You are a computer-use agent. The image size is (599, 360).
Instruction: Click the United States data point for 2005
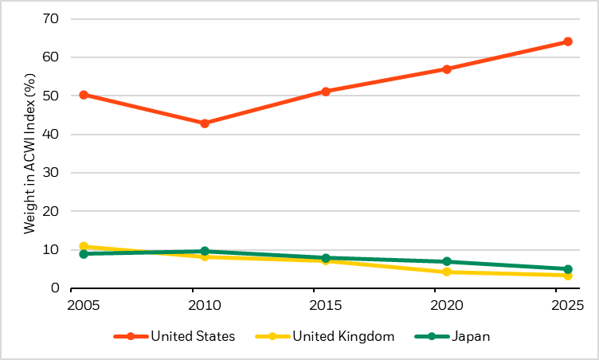84,95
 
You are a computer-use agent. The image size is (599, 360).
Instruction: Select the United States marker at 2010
205,123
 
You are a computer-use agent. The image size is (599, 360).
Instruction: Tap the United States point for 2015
326,92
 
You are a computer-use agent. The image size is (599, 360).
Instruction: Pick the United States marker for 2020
447,69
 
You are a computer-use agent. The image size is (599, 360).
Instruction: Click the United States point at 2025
568,41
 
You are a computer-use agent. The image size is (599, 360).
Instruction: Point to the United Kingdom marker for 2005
84,247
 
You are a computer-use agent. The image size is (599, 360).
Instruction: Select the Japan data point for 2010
205,251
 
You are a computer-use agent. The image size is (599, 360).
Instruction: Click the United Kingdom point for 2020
447,272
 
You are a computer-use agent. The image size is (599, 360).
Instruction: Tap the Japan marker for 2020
447,261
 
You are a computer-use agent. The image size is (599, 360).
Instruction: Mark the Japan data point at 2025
568,269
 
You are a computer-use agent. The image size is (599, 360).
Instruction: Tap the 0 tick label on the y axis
54,288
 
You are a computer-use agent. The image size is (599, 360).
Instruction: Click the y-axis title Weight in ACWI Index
29,154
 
